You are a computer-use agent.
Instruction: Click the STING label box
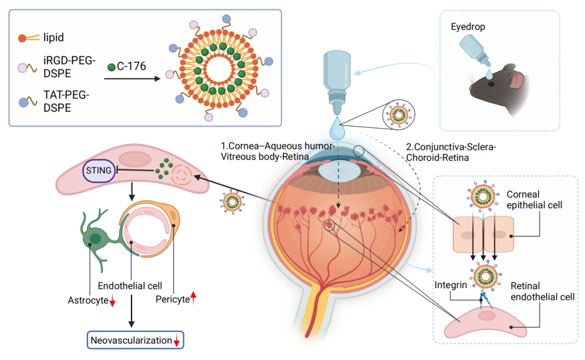[99, 171]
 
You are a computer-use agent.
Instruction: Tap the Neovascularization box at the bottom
[135, 340]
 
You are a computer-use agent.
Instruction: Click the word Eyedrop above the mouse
[468, 27]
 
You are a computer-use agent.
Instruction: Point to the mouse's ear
[516, 80]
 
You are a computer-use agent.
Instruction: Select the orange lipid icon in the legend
[29, 38]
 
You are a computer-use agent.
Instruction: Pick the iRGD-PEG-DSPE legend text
[69, 67]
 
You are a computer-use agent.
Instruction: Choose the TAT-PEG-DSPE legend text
[66, 101]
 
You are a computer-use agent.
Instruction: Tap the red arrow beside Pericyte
[194, 297]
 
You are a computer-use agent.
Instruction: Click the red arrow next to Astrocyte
[112, 301]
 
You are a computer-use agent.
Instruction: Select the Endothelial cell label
[130, 286]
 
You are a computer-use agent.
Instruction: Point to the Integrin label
[450, 285]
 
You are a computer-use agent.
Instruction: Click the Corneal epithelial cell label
[534, 199]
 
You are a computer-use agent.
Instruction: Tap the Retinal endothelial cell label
[542, 291]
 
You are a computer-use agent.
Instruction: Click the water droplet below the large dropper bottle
[337, 128]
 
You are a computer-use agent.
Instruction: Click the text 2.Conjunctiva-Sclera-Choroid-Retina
[450, 152]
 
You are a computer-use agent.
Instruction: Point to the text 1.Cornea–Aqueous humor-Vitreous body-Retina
[277, 151]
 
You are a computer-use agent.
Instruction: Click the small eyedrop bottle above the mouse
[474, 50]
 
